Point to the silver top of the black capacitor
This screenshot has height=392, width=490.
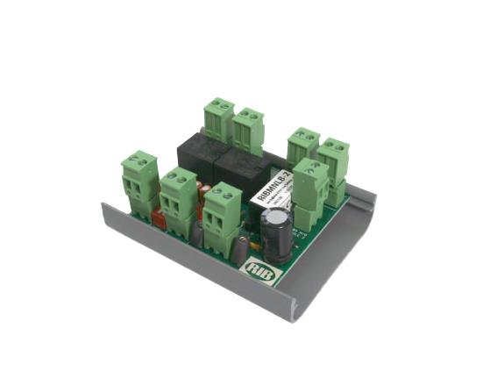pos(278,217)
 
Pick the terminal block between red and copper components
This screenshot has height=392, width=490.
pos(179,201)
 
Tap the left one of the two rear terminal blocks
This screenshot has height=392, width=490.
pos(218,121)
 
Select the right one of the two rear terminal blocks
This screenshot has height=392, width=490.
pos(249,130)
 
